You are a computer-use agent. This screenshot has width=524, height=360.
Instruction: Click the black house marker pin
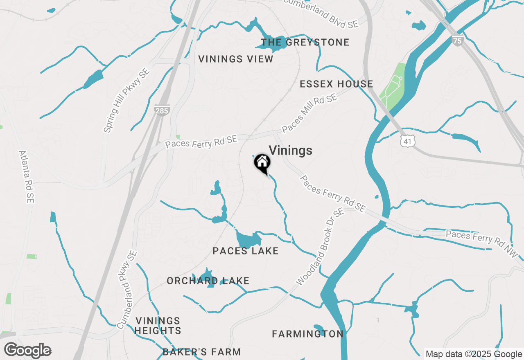262,163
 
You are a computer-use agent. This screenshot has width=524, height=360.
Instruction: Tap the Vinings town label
290,151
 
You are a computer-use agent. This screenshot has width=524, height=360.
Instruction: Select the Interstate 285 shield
163,110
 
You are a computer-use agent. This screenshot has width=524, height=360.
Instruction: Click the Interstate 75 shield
458,40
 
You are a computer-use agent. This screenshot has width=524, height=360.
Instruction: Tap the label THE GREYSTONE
305,42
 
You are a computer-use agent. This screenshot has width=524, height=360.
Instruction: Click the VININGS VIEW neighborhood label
236,59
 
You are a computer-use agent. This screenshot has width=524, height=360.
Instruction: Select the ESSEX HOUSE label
337,84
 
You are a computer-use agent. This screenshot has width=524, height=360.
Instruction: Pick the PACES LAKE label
246,251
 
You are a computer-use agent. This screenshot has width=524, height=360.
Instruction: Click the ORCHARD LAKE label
208,281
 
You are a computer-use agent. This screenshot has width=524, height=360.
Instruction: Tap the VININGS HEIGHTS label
158,326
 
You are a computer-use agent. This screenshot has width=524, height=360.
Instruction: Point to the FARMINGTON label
308,334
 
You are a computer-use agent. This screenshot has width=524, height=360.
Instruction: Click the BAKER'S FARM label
202,352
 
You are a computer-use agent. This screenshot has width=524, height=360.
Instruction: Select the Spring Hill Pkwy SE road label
126,100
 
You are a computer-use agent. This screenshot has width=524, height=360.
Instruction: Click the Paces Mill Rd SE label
309,113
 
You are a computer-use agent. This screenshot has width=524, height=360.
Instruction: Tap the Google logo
28,351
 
